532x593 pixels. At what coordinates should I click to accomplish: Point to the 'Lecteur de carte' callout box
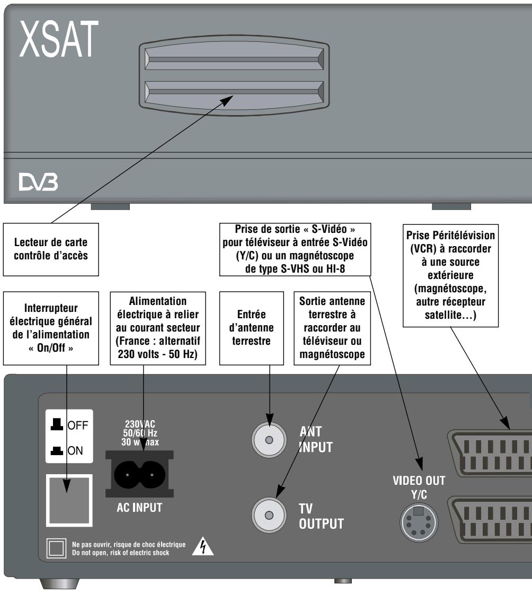click(x=51, y=249)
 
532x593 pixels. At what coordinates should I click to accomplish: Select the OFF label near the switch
click(x=77, y=425)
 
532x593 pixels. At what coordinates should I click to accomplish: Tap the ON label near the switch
click(x=75, y=450)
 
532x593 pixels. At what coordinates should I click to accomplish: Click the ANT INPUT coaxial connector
click(x=269, y=439)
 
